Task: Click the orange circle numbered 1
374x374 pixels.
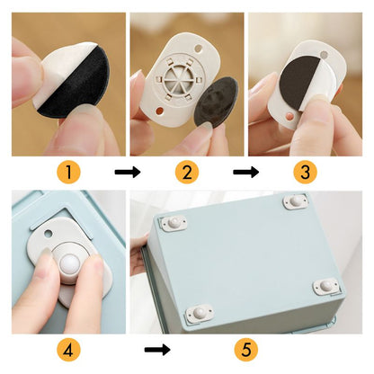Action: (68, 173)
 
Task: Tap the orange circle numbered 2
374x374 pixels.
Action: (187, 173)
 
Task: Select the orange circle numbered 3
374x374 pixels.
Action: (305, 173)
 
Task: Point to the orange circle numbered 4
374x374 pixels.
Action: (68, 350)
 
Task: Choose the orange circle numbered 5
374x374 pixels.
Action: (246, 350)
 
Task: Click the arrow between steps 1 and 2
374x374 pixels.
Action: (128, 173)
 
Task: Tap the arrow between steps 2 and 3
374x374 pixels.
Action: (246, 173)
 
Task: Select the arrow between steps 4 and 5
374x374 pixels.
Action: (157, 350)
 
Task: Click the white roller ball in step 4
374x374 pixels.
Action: (69, 264)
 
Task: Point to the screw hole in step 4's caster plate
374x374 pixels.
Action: (48, 233)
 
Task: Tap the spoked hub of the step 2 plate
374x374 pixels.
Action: (179, 79)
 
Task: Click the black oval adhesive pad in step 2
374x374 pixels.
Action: (216, 102)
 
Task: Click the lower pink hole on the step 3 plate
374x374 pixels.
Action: (289, 116)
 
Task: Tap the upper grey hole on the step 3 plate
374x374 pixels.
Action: (324, 55)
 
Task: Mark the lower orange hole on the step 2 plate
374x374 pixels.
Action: (160, 111)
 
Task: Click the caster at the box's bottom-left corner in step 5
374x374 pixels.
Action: (200, 313)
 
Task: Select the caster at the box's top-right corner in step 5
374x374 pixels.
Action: (296, 201)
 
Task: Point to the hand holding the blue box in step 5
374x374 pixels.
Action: (138, 254)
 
